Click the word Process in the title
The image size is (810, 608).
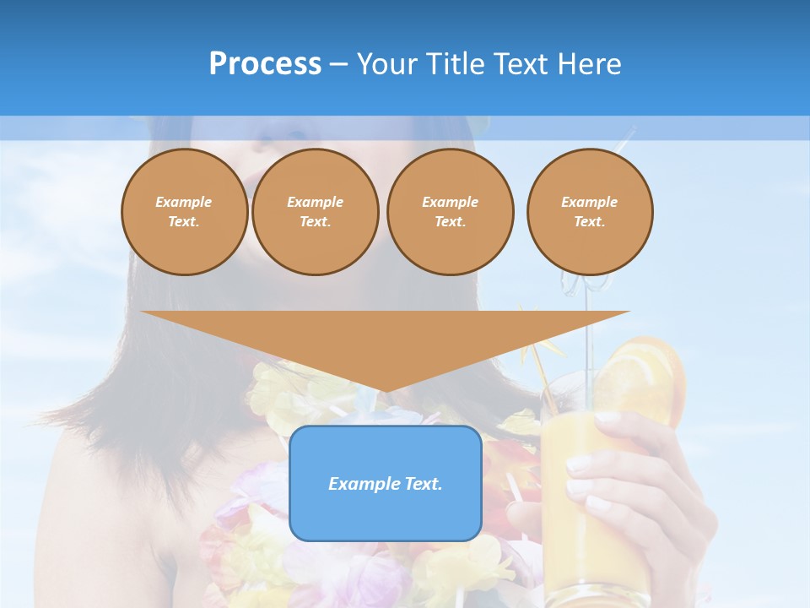(265, 64)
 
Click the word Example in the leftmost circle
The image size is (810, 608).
(184, 202)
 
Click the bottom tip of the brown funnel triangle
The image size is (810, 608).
(386, 389)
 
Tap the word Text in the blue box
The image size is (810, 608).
(424, 484)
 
